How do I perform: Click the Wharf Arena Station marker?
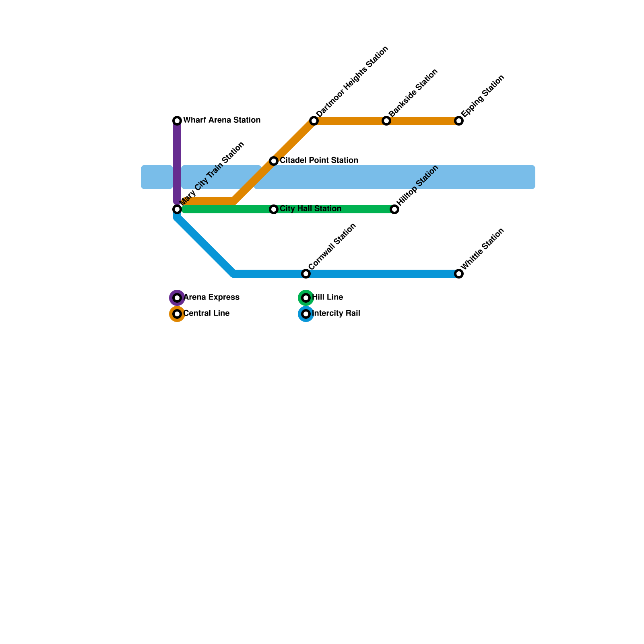point(177,121)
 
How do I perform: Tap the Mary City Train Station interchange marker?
point(177,209)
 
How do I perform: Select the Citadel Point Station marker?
point(274,161)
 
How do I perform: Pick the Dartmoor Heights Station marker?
point(314,121)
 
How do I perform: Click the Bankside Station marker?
point(386,121)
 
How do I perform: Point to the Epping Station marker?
point(459,121)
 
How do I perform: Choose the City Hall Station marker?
point(274,209)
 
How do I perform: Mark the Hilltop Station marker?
point(394,209)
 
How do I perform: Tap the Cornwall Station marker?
point(306,274)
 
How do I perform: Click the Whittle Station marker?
point(459,274)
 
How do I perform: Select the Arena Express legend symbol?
point(177,298)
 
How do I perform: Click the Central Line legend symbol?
point(177,314)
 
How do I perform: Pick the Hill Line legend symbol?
point(306,298)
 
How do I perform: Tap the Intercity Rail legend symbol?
point(306,314)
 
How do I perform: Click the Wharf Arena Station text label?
point(222,120)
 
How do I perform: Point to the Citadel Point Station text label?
point(319,161)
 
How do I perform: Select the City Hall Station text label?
point(310,209)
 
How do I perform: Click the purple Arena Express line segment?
point(177,161)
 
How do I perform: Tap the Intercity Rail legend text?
point(336,314)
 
